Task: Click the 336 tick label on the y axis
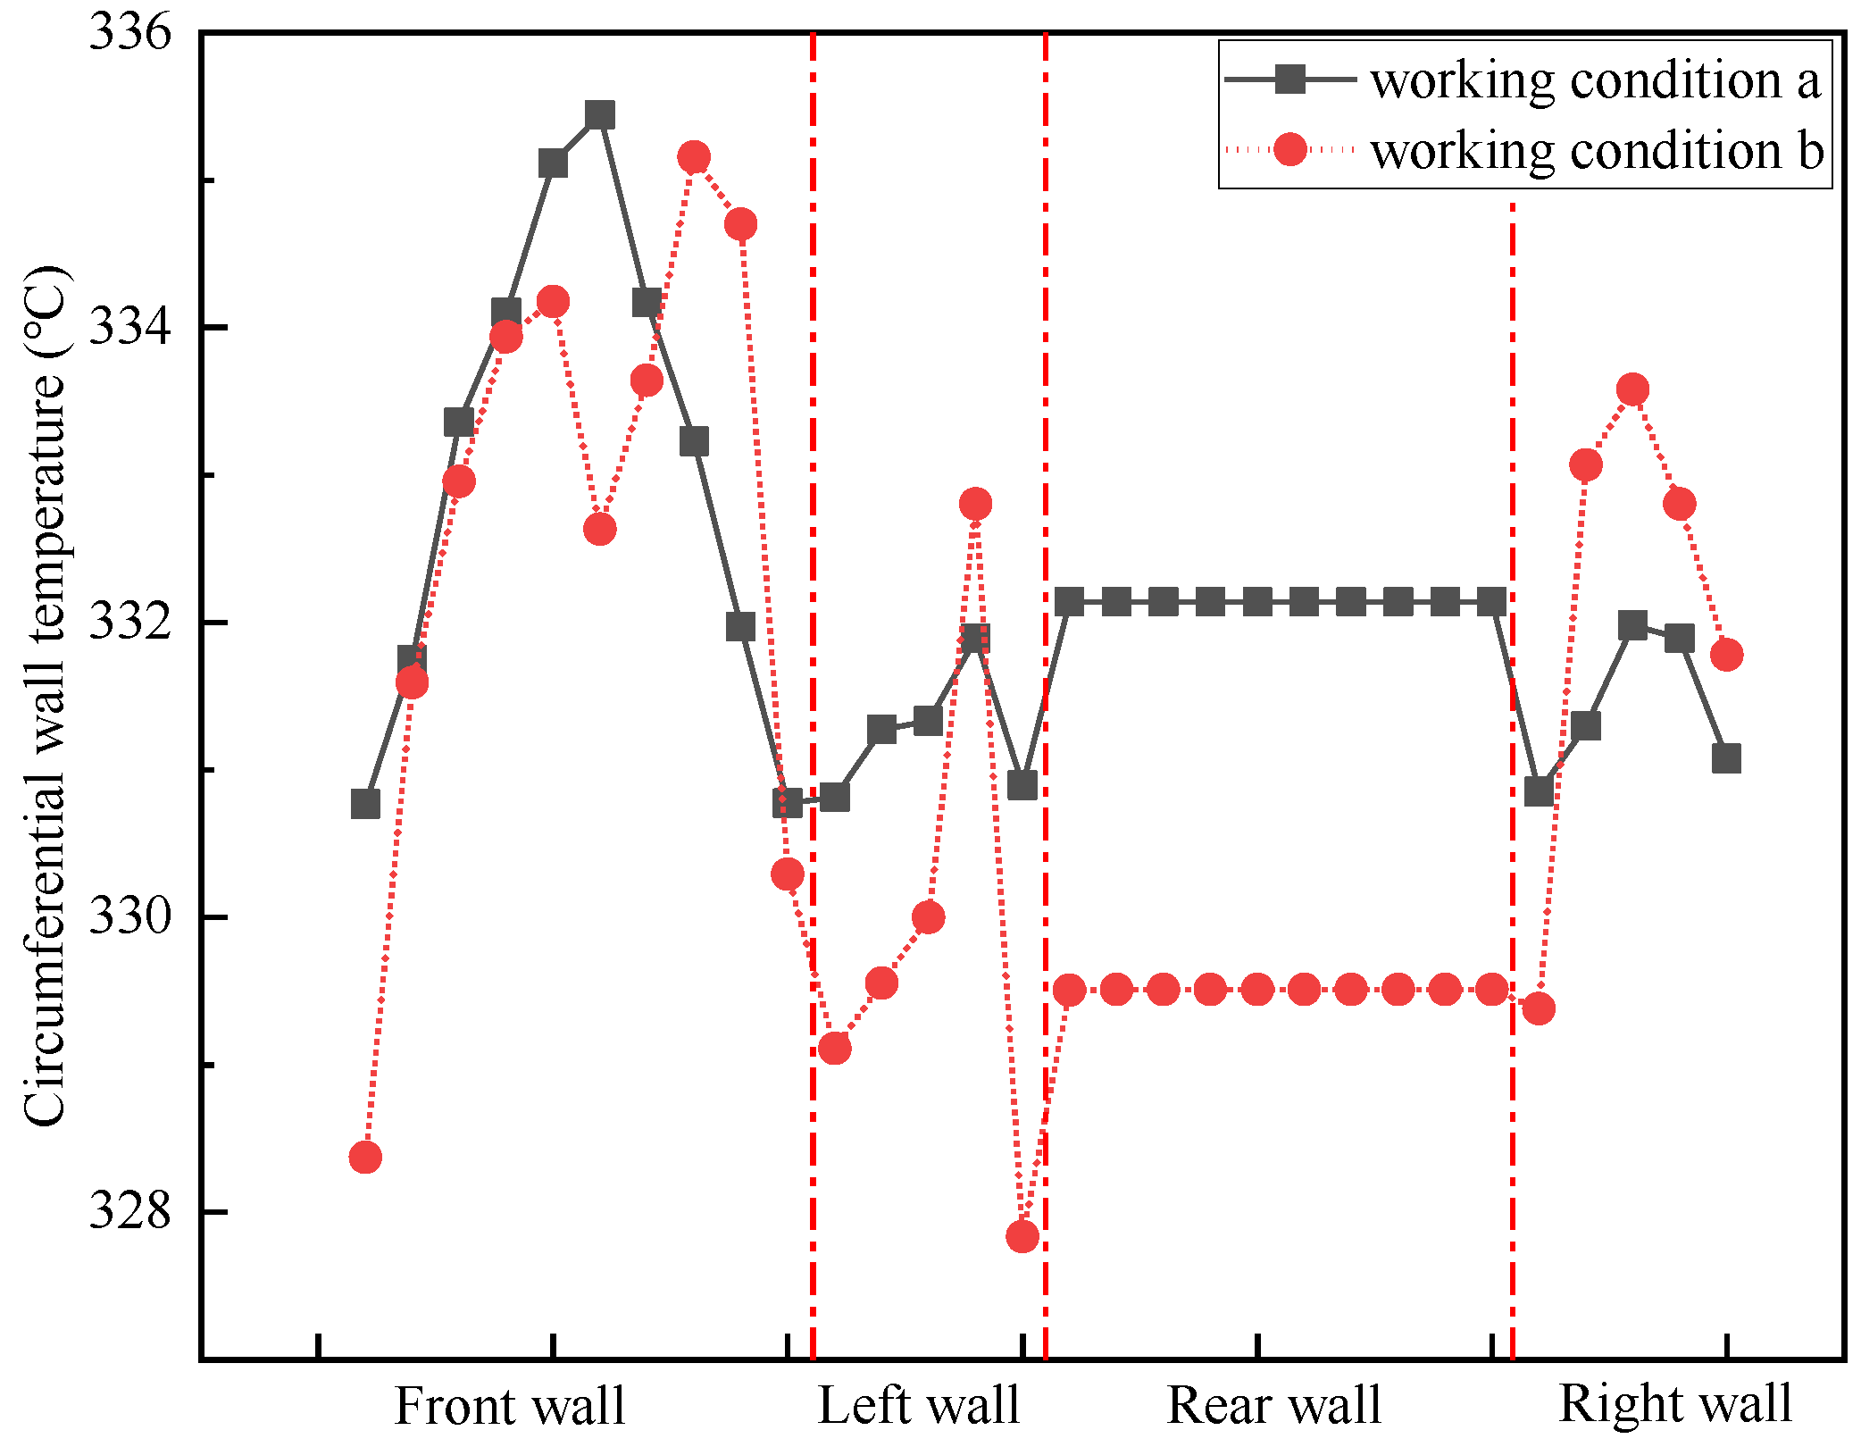point(129,33)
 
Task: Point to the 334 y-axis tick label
point(129,328)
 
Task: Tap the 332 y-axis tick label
point(129,623)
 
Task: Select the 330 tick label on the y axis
point(129,917)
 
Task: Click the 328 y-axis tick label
point(129,1212)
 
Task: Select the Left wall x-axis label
point(919,1406)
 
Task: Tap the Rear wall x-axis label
point(1274,1406)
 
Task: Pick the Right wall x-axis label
point(1675,1404)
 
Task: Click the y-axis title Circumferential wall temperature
point(45,697)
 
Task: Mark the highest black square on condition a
point(600,115)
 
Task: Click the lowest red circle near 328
point(1022,1236)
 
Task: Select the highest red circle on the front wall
point(694,158)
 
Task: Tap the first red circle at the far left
point(365,1158)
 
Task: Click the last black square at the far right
point(1726,758)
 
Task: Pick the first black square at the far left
point(365,805)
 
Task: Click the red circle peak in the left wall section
point(975,505)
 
